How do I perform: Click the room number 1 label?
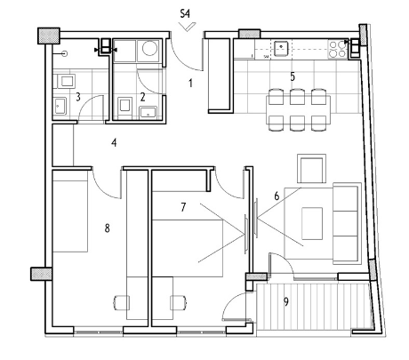tap(190, 84)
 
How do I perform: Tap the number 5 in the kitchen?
tap(293, 76)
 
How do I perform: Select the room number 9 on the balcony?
tap(286, 301)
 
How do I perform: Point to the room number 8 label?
tap(107, 228)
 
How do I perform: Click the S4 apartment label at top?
tap(185, 14)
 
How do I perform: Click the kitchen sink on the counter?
tap(281, 48)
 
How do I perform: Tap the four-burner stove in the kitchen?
tap(338, 49)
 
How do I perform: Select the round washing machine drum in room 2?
tap(149, 48)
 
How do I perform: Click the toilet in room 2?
tap(125, 105)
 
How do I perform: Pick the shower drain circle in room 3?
tap(64, 53)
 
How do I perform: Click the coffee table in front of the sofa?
tap(312, 223)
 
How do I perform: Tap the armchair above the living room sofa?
tap(311, 168)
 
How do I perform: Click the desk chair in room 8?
tap(122, 303)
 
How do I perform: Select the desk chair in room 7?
tap(179, 303)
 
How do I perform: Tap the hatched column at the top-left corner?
tap(49, 36)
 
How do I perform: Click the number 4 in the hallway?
tap(114, 143)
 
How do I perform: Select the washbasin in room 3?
tap(60, 106)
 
